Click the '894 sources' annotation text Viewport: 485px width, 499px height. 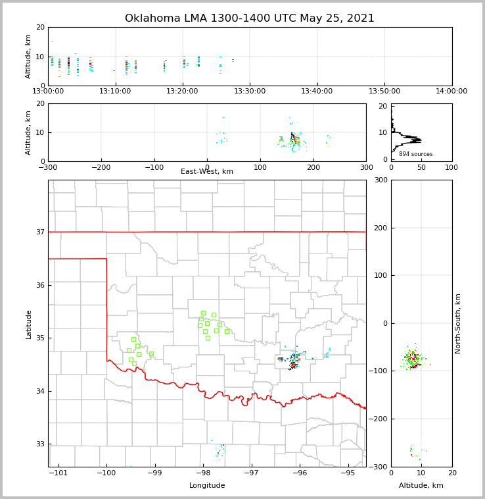coord(415,154)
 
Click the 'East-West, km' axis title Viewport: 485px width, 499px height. coord(207,172)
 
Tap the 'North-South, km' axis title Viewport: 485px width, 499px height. coord(459,323)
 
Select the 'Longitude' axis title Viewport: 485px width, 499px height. coord(207,486)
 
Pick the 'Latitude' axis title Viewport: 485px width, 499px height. coord(29,324)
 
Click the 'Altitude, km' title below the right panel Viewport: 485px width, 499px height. coord(421,486)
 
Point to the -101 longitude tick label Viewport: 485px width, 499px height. coord(58,473)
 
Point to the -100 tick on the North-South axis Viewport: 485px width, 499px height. coord(379,371)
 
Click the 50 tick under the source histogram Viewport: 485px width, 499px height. coord(421,167)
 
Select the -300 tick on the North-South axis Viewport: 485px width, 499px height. coord(379,467)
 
